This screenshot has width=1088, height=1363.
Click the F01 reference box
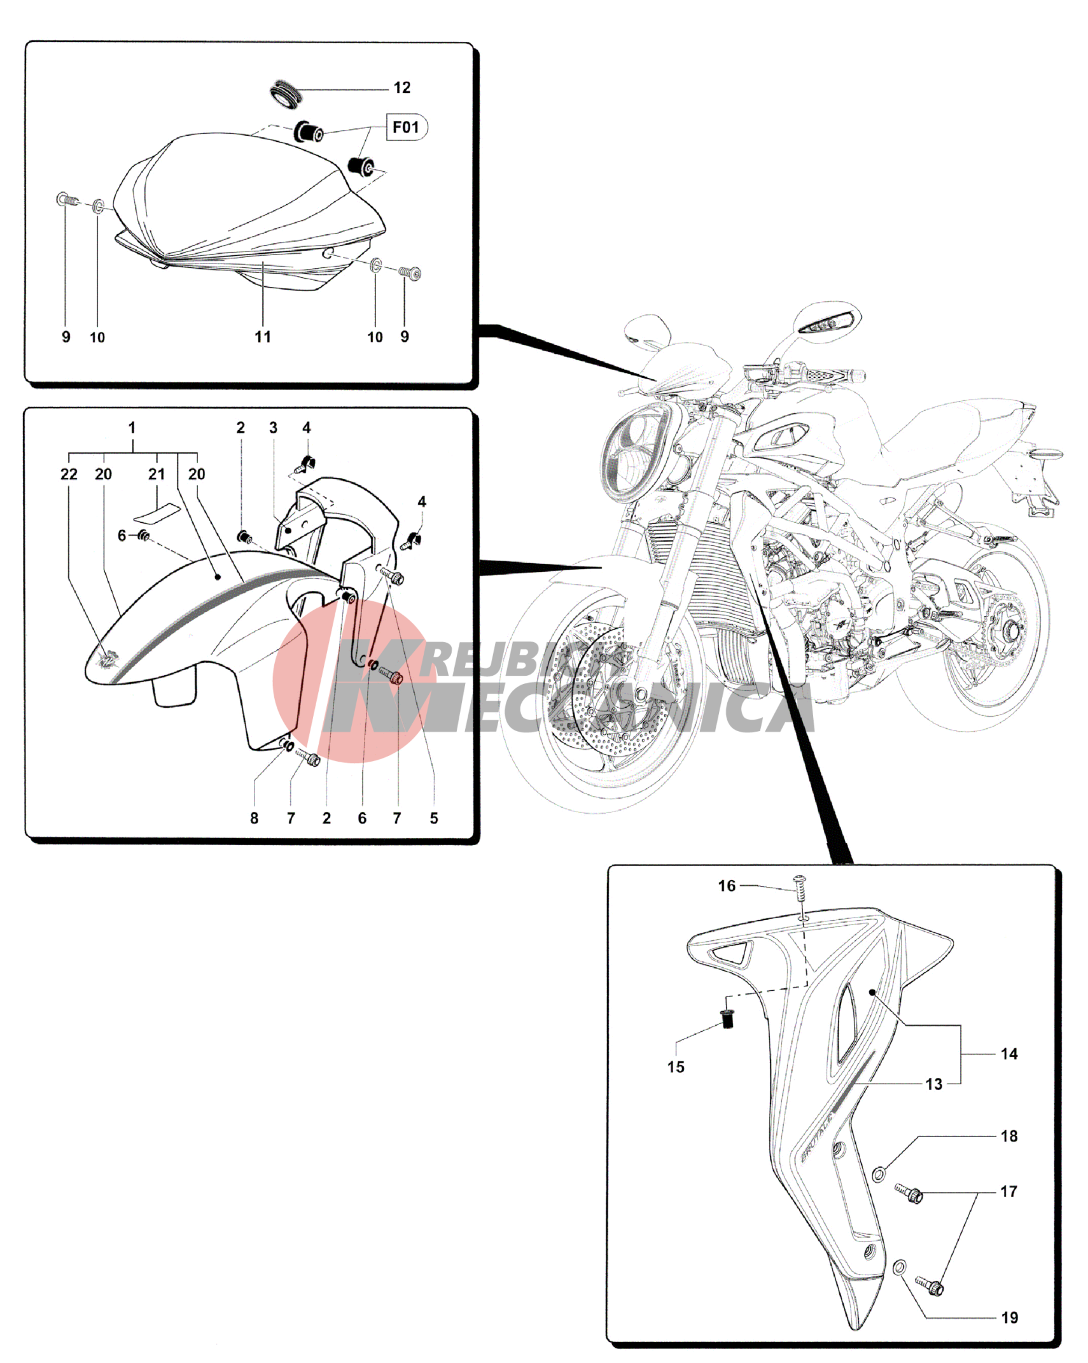click(x=405, y=127)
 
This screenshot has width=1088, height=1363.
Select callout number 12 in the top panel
click(x=401, y=88)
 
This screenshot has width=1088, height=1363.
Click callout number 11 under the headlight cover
click(x=263, y=337)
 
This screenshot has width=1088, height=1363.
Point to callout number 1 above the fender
click(x=132, y=428)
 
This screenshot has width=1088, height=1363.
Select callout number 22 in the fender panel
click(x=69, y=474)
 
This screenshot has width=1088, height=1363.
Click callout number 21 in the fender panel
click(x=157, y=474)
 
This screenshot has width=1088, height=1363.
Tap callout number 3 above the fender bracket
click(x=273, y=428)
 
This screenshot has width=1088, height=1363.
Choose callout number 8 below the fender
click(x=254, y=818)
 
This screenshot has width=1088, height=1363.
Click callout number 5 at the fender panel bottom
click(x=433, y=818)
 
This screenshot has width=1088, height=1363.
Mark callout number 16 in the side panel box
click(x=727, y=886)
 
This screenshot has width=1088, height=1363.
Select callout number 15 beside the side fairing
click(x=676, y=1067)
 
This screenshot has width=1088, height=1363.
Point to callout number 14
click(x=1008, y=1054)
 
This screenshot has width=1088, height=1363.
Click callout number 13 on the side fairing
click(x=933, y=1084)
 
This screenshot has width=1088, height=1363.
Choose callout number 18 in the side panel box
click(x=1008, y=1136)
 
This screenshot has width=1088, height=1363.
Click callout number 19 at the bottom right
click(x=1009, y=1317)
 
